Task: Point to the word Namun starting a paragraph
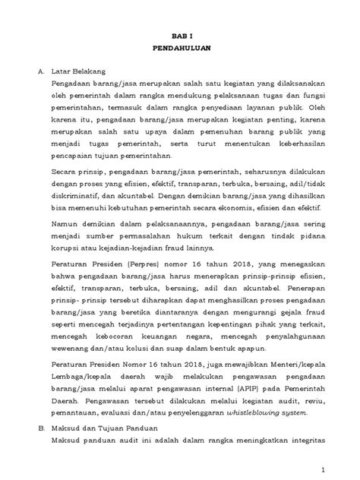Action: (x=66, y=225)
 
